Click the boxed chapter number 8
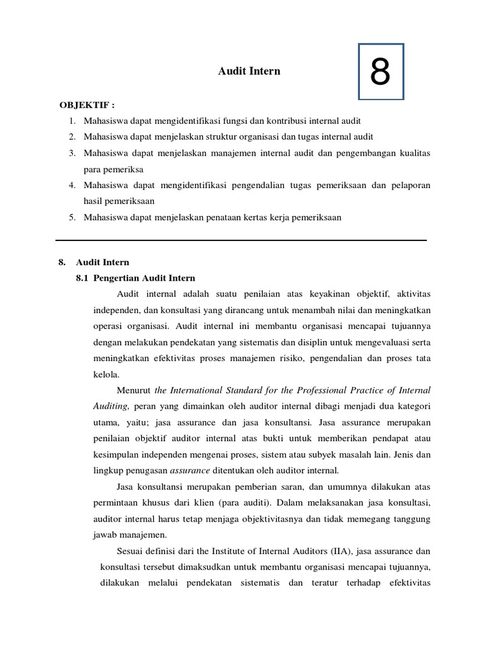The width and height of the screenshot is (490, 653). click(x=380, y=72)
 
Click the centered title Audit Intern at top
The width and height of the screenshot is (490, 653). click(x=249, y=71)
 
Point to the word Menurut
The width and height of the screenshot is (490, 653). click(x=134, y=390)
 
